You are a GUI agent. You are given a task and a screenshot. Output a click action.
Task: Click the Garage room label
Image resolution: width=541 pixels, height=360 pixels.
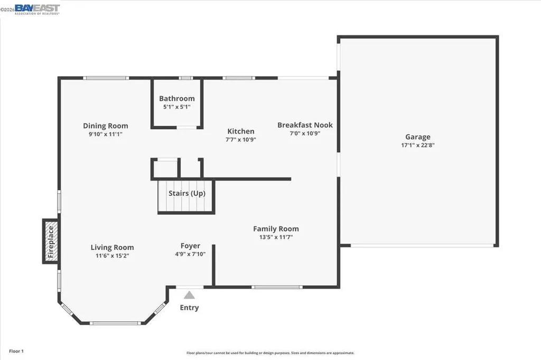point(417,137)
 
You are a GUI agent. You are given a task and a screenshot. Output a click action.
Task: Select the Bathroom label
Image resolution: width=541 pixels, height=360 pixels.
point(177,98)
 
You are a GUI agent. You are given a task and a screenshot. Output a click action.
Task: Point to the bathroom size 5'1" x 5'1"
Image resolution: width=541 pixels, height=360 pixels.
point(177,107)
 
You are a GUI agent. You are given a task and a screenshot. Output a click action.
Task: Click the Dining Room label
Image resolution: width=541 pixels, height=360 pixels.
point(106,126)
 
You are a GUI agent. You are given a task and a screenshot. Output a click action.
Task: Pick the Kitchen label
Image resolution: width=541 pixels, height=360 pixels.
point(241,131)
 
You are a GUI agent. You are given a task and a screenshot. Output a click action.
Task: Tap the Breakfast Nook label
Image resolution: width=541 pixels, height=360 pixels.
point(305,125)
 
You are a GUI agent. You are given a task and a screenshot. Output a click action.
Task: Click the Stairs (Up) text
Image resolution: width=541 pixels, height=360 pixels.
point(187,193)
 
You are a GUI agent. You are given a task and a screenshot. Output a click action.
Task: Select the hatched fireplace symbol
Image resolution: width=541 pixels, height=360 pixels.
point(51,241)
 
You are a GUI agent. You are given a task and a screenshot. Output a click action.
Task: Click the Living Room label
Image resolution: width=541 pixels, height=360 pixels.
point(112,247)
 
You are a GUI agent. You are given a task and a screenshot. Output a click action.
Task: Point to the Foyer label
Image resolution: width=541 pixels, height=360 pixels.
point(190,245)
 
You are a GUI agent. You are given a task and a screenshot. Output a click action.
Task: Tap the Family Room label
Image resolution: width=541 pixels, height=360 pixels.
point(276,229)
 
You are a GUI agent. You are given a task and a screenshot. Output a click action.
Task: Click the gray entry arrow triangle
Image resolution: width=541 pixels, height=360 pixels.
point(189,295)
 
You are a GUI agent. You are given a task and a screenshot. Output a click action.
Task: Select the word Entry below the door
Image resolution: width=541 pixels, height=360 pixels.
point(189,308)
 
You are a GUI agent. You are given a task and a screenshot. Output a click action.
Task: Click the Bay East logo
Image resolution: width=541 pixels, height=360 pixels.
point(37,9)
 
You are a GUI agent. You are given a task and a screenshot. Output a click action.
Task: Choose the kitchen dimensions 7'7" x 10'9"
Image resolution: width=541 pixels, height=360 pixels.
point(241,140)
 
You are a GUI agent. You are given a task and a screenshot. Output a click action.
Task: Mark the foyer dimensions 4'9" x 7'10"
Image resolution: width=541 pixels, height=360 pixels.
point(190,254)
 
